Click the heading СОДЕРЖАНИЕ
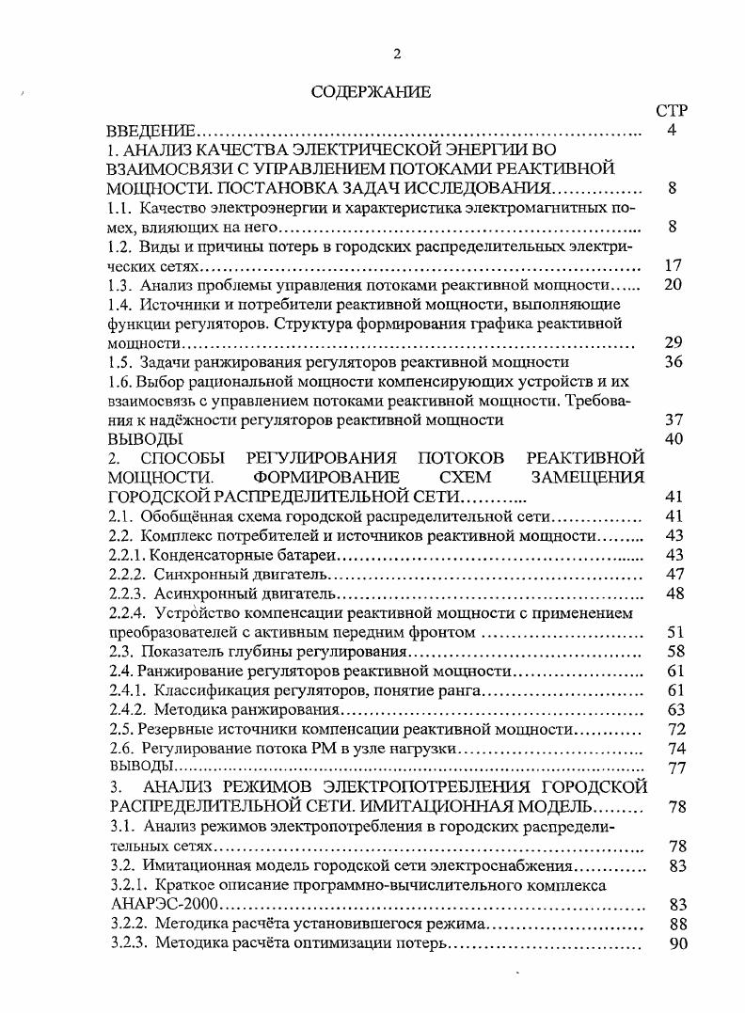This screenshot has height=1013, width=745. tap(371, 91)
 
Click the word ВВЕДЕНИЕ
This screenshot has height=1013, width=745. tap(151, 131)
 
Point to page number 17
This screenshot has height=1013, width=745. tap(673, 266)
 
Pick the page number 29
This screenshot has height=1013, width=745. tap(673, 343)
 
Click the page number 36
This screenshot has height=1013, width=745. tap(673, 362)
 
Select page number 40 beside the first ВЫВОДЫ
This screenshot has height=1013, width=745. tap(673, 439)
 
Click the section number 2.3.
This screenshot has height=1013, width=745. tap(120, 652)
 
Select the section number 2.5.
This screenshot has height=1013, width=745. tap(120, 729)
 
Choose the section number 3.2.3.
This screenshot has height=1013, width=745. tap(128, 943)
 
